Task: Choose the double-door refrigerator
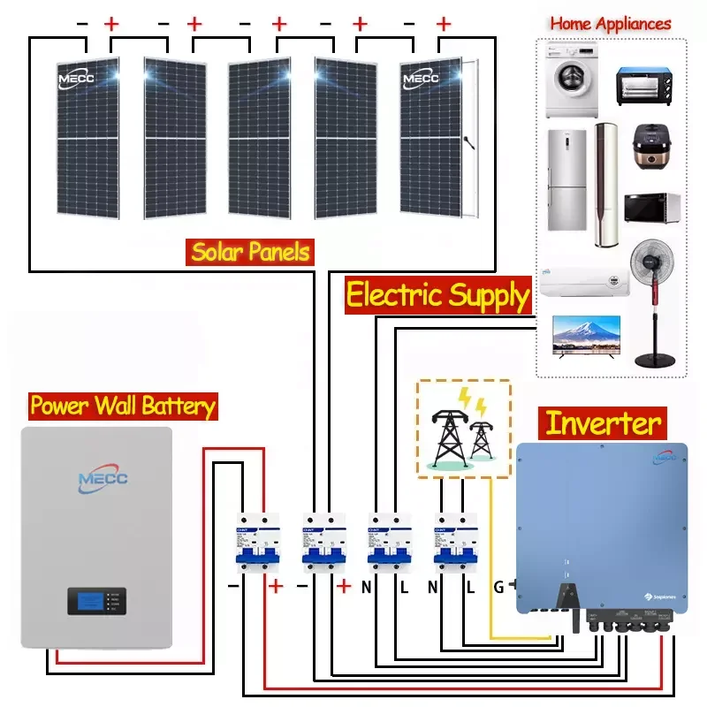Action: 566,179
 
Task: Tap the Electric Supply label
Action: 437,294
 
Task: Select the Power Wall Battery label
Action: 122,406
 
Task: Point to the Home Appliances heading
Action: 611,24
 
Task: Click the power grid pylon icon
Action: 450,433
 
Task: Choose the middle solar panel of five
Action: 260,137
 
